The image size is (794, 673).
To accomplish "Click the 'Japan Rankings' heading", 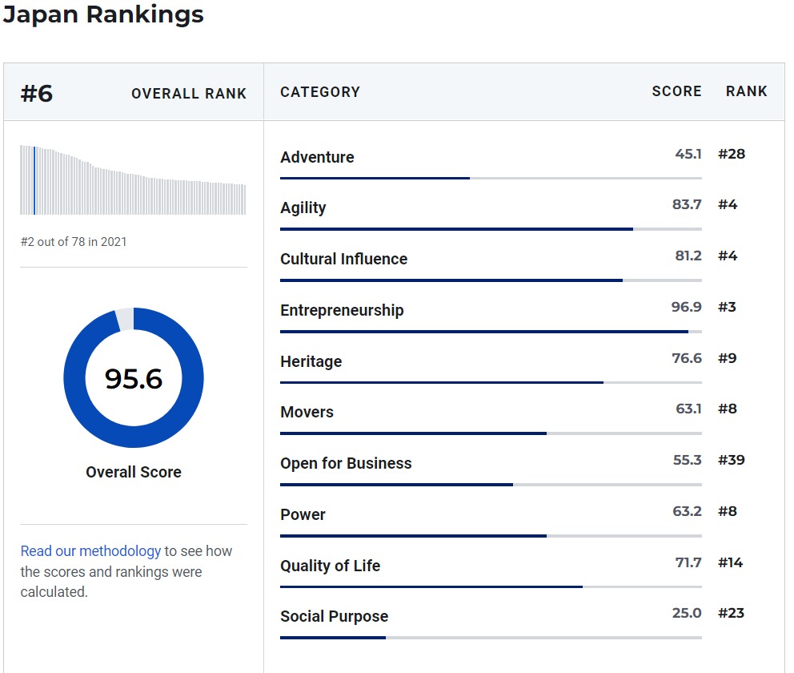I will [103, 14].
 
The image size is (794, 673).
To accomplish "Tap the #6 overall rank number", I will [37, 94].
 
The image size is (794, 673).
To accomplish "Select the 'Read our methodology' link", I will [90, 551].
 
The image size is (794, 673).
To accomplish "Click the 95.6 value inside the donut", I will [134, 378].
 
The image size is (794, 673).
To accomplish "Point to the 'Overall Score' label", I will [134, 472].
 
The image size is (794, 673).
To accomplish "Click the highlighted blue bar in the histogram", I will [34, 180].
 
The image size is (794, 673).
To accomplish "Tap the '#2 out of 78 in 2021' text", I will [74, 241].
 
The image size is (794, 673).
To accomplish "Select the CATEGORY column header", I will [320, 92].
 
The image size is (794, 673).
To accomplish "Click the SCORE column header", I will [676, 91].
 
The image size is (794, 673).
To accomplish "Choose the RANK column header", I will [746, 91].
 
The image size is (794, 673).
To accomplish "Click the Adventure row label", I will [317, 157].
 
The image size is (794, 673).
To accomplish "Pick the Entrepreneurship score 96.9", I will [686, 307].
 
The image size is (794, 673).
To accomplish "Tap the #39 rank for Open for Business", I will [732, 460].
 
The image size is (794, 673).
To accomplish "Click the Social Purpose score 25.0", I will [687, 613].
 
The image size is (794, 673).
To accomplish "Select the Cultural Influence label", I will [343, 259].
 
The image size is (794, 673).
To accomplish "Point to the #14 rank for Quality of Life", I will [731, 562].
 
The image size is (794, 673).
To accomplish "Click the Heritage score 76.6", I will [687, 358].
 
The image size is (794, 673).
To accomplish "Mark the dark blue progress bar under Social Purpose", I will [333, 638].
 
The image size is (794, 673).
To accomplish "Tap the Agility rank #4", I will [728, 204].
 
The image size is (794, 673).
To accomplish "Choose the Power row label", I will [303, 514].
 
